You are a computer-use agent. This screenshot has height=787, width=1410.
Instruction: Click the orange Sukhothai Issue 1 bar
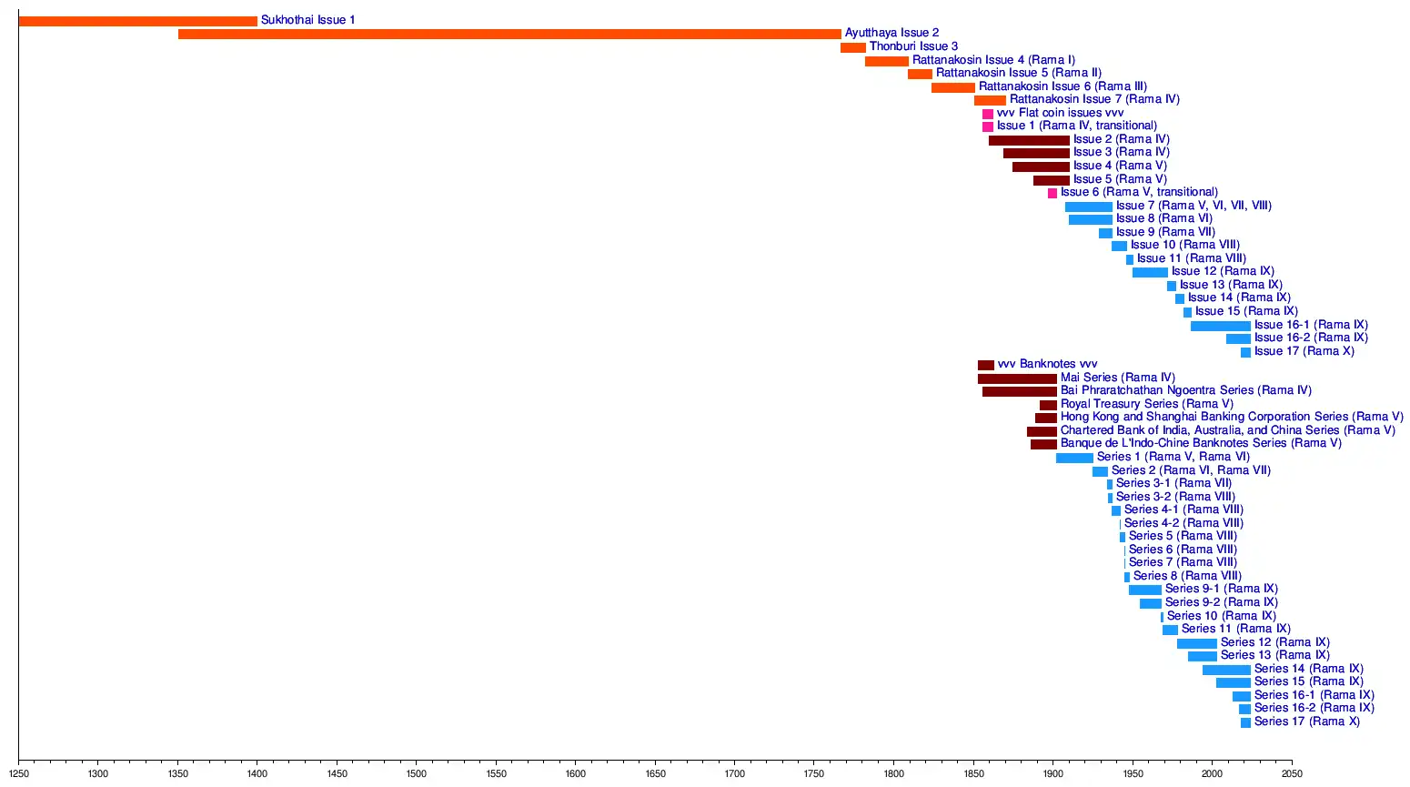[137, 21]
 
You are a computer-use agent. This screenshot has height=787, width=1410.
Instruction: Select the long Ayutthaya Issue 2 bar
[509, 34]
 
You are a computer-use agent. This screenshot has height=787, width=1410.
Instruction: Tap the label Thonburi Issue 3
[913, 46]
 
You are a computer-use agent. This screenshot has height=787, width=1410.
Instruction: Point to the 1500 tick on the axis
[417, 773]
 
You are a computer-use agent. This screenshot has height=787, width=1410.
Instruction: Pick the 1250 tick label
[19, 774]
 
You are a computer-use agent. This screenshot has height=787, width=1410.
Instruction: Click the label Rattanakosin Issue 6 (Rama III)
[1063, 86]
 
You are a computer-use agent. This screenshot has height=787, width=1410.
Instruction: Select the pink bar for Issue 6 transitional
[1052, 193]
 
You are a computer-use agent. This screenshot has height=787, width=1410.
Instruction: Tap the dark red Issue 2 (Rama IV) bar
[1029, 140]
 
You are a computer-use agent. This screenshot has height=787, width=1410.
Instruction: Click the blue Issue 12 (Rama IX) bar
[1150, 272]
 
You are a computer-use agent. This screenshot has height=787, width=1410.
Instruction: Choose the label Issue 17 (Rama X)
[1304, 351]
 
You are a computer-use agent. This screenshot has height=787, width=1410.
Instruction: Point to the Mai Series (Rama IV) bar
[1017, 378]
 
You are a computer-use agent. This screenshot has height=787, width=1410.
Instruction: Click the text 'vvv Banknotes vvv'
[1047, 364]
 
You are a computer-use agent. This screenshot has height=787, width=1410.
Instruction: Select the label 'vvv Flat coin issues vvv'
[1060, 113]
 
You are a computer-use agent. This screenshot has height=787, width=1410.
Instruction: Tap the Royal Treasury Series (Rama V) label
[1146, 404]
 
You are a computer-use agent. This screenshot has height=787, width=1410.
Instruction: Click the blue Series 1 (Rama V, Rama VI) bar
[1074, 458]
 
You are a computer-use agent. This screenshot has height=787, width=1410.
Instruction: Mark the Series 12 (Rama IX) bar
[1196, 643]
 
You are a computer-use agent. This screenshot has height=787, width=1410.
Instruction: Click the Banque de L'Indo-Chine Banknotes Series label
[1201, 443]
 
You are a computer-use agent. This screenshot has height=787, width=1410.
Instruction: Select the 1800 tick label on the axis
[894, 774]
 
